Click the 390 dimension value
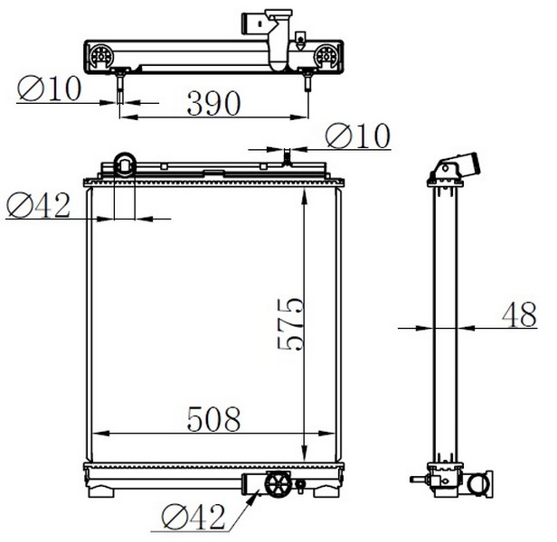click(x=213, y=103)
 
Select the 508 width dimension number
click(x=213, y=419)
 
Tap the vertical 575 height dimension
click(x=290, y=324)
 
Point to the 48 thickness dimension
click(x=519, y=314)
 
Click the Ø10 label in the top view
click(x=50, y=89)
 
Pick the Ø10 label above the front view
click(x=358, y=135)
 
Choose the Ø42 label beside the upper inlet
click(x=38, y=205)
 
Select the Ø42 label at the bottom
click(x=194, y=517)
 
